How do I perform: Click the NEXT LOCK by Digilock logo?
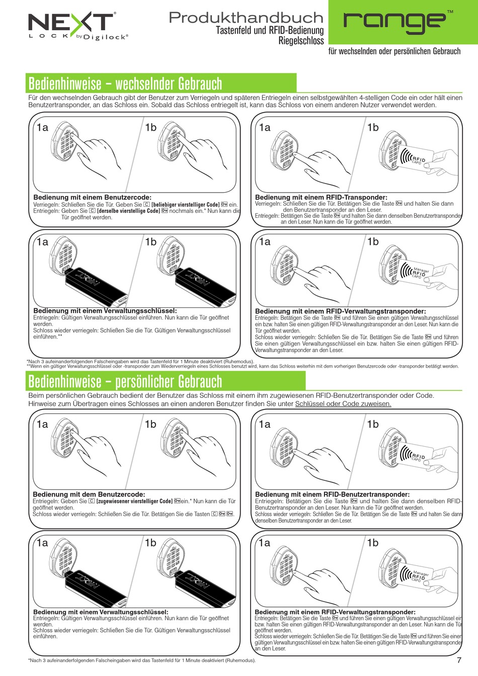point(78,26)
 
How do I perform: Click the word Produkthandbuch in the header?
point(246,18)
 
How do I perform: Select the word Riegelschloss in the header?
point(301,40)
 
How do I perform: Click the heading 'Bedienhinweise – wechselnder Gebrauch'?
point(125,83)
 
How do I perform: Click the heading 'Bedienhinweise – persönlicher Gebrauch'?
point(125,381)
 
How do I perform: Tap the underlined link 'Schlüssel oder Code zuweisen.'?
point(343,403)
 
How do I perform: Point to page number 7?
point(459,660)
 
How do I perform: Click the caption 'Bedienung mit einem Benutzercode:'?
point(92,197)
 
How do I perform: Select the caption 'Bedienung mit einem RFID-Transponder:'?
point(321,197)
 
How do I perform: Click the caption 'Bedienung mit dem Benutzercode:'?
point(89,494)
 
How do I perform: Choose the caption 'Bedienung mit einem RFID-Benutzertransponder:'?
point(332,494)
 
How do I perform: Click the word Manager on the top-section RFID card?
point(421,270)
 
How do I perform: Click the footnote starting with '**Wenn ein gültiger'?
point(243,366)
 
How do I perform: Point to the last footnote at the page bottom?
point(142,660)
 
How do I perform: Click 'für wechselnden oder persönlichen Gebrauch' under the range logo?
point(394,51)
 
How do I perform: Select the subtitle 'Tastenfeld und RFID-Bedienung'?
point(270,30)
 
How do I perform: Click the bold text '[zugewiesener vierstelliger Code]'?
point(134,501)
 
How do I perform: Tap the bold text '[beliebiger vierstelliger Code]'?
point(185,205)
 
